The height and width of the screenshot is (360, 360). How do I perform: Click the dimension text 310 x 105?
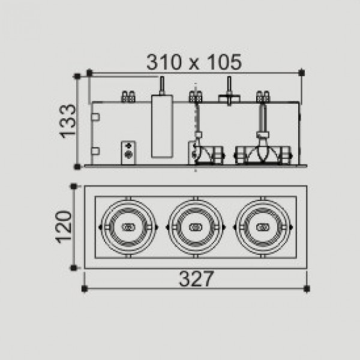click(x=194, y=62)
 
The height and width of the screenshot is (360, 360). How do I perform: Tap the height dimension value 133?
click(x=68, y=121)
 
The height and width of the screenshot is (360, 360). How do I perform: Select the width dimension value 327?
click(x=196, y=278)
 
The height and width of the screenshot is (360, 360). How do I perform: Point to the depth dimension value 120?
click(x=64, y=227)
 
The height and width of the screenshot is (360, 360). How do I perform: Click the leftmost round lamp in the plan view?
click(x=128, y=227)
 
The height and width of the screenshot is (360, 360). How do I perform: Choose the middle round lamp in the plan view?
click(x=196, y=227)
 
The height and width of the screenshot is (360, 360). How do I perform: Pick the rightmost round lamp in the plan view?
click(x=263, y=227)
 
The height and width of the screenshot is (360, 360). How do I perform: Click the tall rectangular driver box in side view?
click(x=162, y=126)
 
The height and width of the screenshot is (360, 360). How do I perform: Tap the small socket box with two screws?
click(x=128, y=152)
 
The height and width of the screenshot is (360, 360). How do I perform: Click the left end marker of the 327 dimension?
click(x=85, y=289)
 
